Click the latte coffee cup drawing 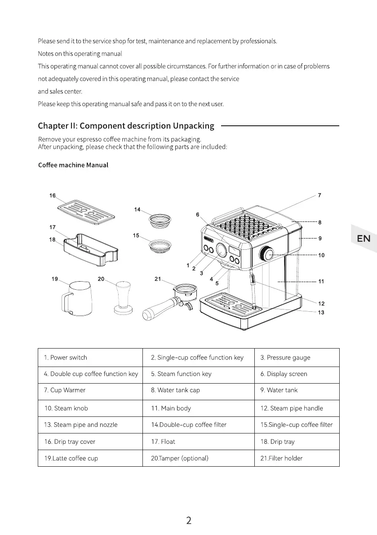(x=76, y=298)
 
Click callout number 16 (x=53, y=195)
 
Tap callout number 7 (x=319, y=195)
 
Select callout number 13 (x=320, y=312)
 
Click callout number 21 (x=158, y=279)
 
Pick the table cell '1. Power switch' (x=90, y=358)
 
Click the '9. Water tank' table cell (x=297, y=390)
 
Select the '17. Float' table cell (x=198, y=442)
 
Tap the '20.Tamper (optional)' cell (x=198, y=458)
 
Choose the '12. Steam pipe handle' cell (x=297, y=408)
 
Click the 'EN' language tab (x=364, y=239)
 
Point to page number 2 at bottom (x=189, y=521)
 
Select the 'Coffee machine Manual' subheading (x=73, y=165)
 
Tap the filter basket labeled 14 (x=160, y=220)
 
